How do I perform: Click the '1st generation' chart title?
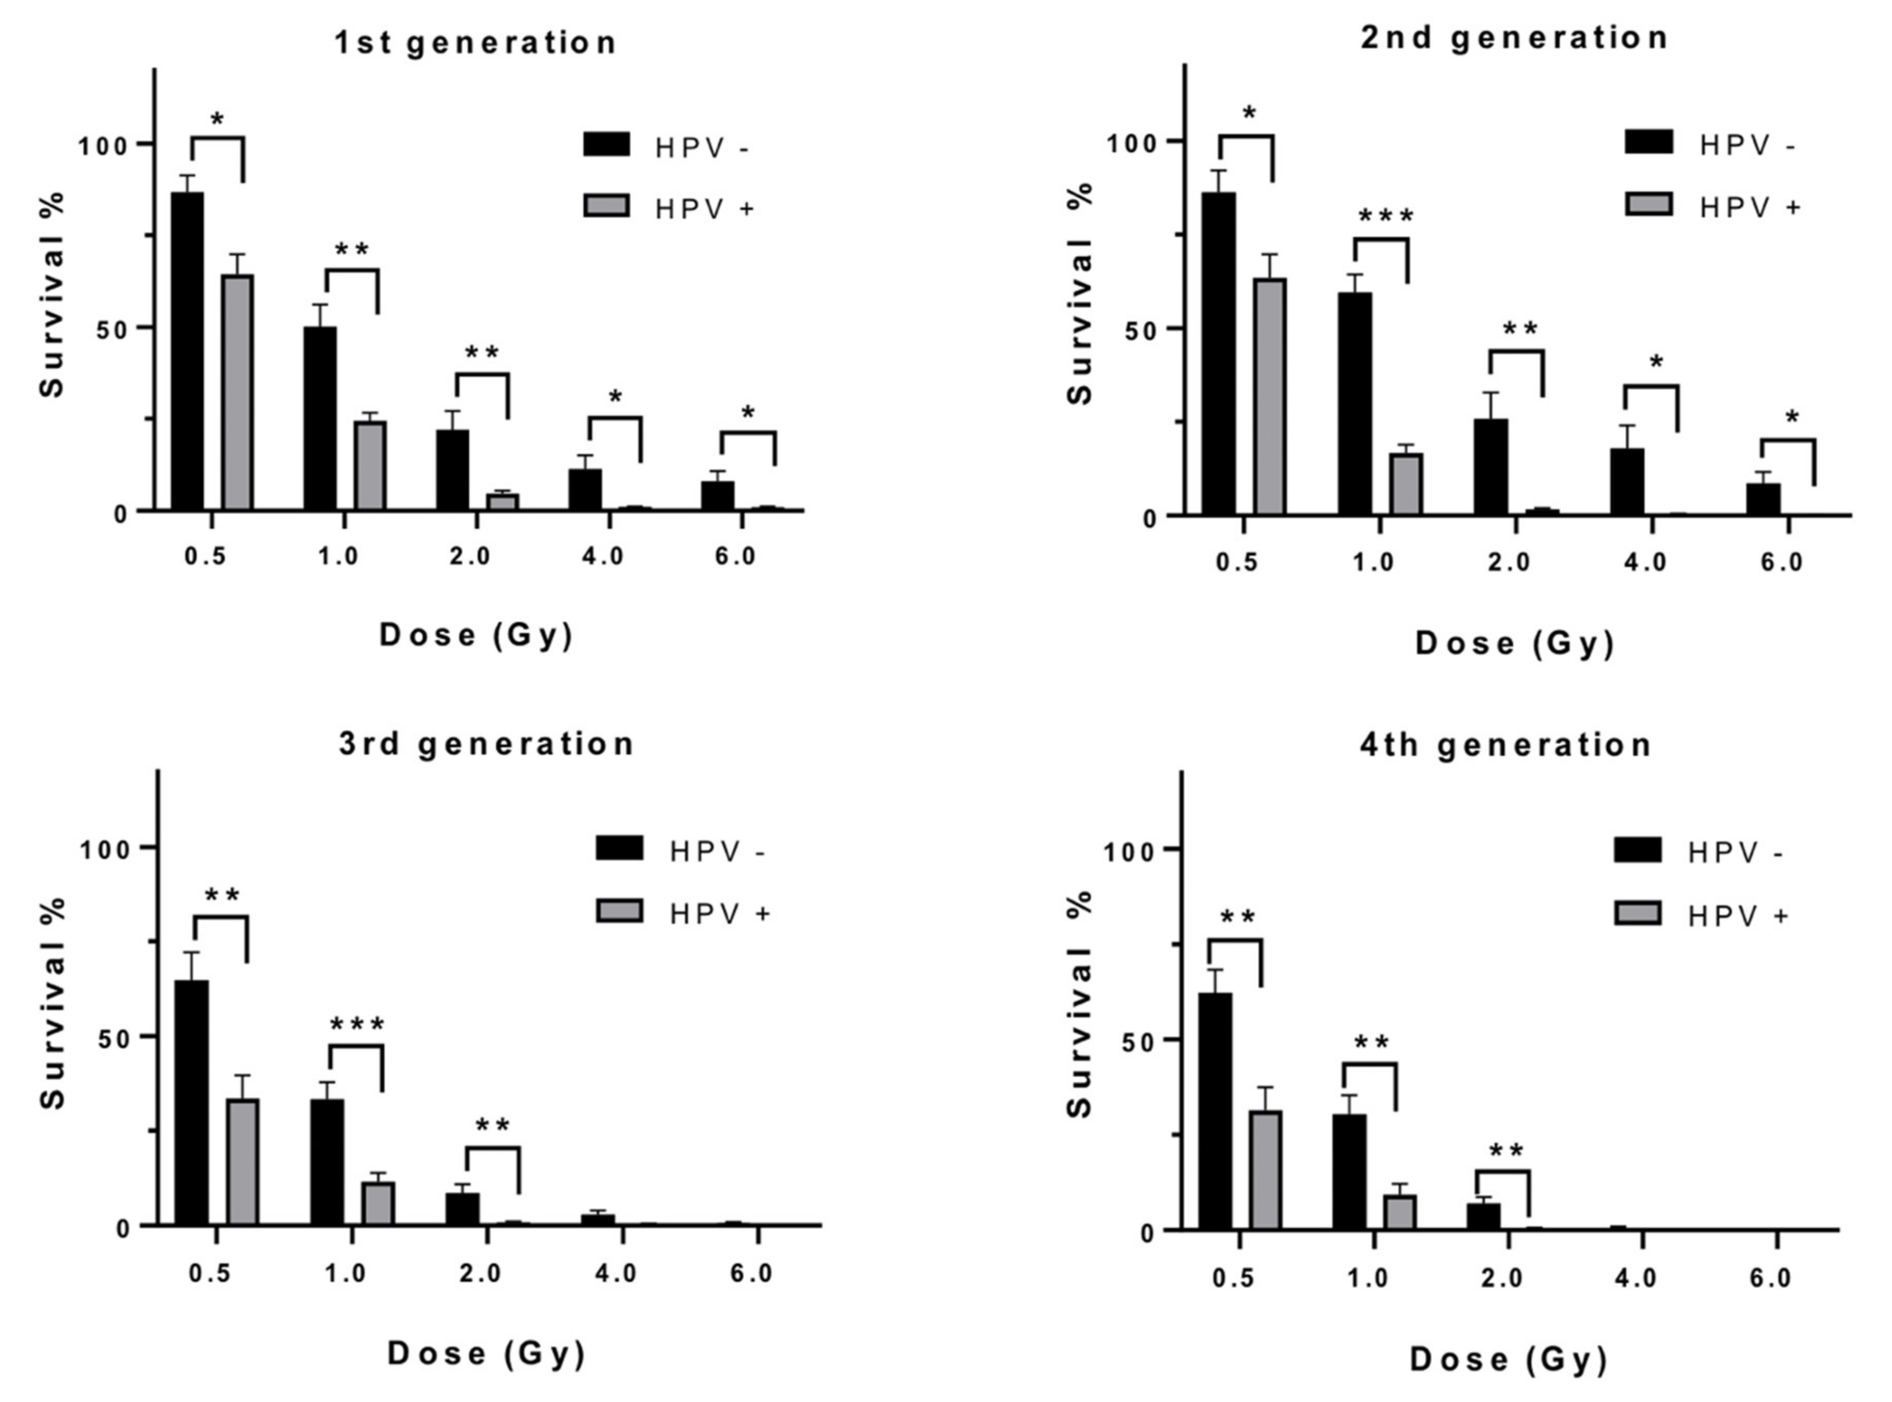476,43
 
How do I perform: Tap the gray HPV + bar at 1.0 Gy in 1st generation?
370,466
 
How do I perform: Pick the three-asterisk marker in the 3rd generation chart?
356,1025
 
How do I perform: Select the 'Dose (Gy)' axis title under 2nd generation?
1513,644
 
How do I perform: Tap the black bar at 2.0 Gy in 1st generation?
452,470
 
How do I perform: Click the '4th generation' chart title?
1506,745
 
